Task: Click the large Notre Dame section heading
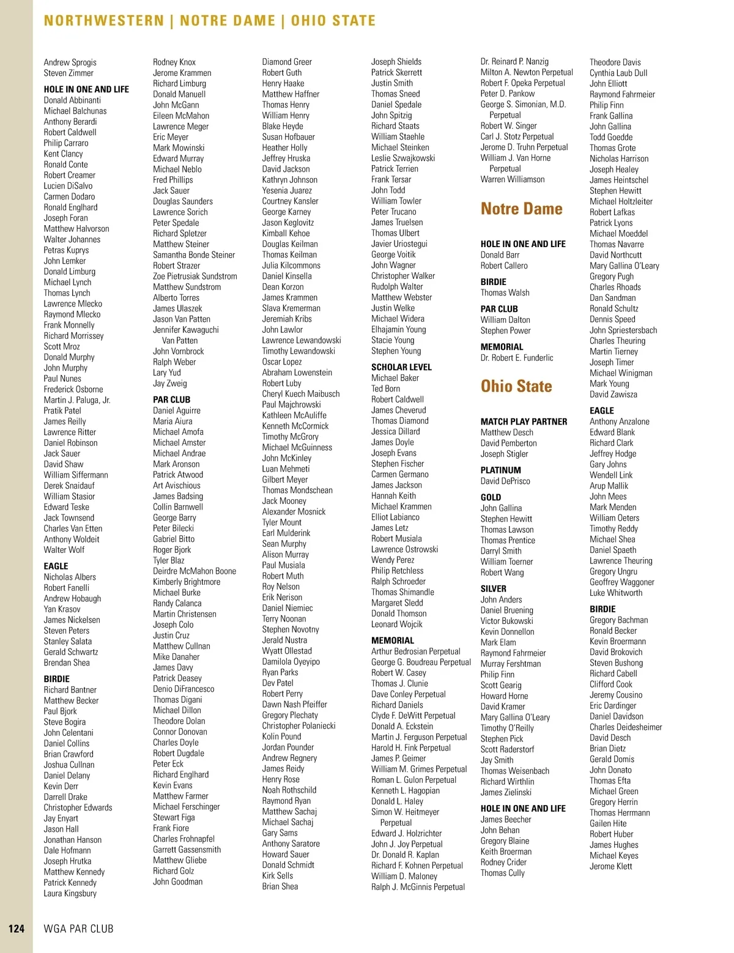521,209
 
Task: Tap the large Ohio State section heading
516,386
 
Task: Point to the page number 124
17,929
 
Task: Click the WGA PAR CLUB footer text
78,929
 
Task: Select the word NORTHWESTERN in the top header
104,21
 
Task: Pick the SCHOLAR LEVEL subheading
401,367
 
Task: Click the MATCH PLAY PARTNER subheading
524,421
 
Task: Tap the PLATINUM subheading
500,470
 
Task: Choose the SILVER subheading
493,588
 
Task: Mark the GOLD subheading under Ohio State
491,497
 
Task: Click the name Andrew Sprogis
70,62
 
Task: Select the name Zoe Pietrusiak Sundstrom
195,276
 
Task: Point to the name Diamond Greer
287,62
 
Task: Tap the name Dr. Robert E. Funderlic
516,358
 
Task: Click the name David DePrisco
505,481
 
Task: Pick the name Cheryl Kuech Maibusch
300,394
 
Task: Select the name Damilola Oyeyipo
291,661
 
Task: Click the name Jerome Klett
610,866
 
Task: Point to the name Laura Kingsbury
70,893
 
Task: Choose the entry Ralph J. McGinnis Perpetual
418,887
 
